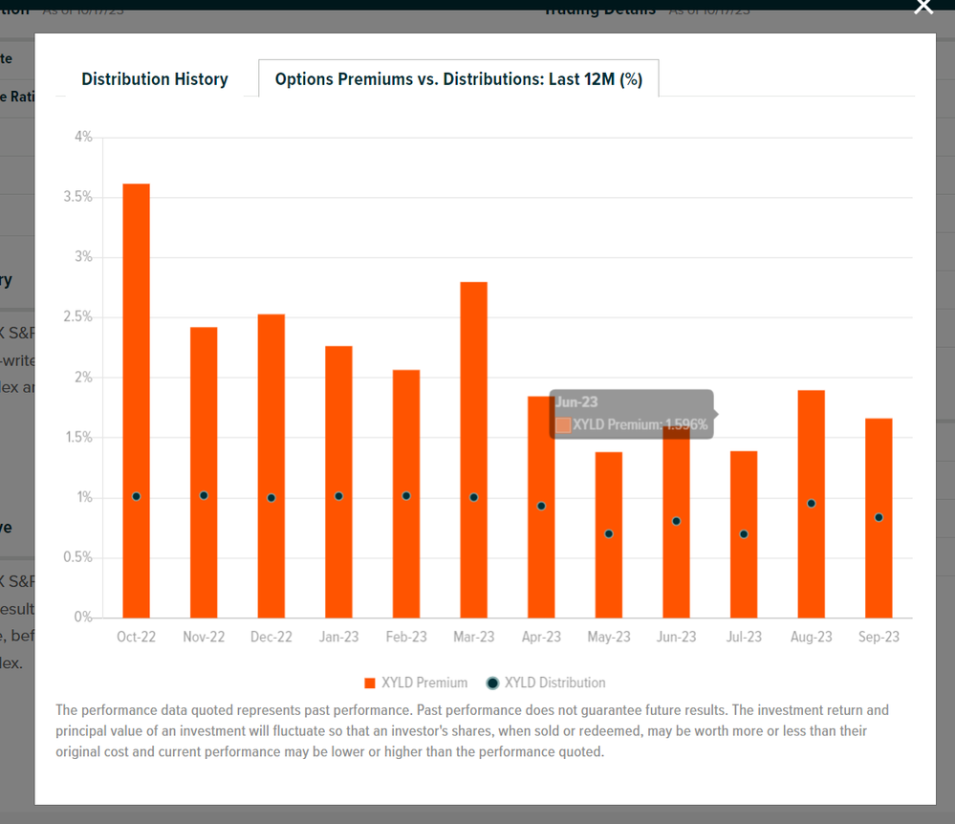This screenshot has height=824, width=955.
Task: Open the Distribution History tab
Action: [155, 79]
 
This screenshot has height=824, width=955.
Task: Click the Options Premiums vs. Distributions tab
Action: [458, 79]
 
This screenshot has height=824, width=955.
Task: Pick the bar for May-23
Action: [609, 574]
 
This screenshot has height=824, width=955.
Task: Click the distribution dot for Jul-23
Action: [744, 533]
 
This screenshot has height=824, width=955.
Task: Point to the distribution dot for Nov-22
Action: [204, 495]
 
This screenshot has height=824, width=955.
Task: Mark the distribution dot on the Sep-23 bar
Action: [879, 517]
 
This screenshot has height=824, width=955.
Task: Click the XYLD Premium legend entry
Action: [416, 683]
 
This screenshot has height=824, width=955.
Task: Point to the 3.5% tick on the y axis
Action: [78, 197]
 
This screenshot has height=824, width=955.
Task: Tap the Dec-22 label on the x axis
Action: [271, 637]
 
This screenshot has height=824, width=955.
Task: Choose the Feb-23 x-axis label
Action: [406, 637]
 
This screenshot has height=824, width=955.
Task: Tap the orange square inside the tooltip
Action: [563, 424]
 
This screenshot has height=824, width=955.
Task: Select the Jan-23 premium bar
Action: [338, 478]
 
